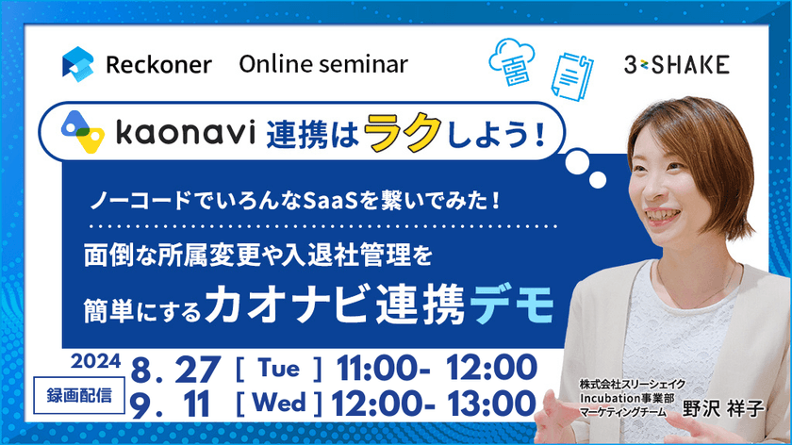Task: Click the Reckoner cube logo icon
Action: point(78,64)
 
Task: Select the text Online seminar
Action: point(323,64)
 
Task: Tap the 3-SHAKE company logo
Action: point(676,65)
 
